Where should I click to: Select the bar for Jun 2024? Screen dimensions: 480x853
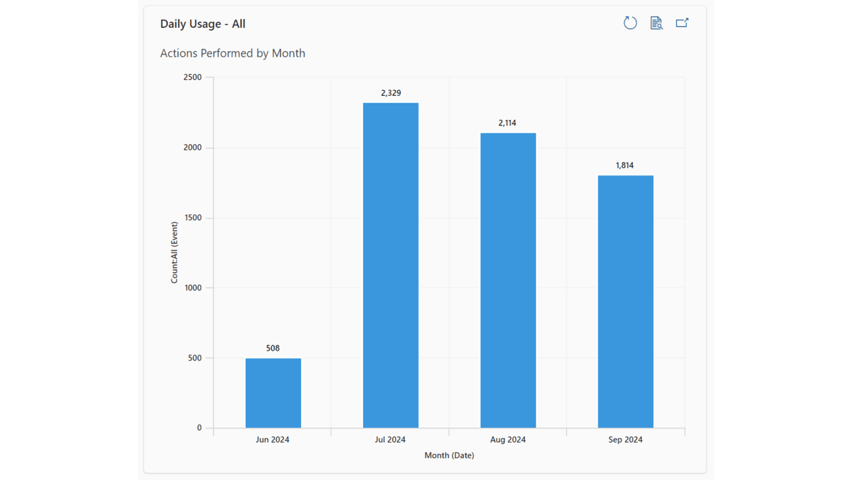[273, 393]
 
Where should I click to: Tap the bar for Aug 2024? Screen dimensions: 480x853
[508, 281]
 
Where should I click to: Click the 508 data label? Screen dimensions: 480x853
[273, 348]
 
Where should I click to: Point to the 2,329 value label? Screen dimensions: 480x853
[391, 93]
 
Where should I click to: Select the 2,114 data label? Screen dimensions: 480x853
[507, 123]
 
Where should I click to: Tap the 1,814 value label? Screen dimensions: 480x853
[624, 165]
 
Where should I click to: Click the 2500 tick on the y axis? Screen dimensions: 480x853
[192, 77]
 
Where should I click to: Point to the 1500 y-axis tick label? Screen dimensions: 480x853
[192, 218]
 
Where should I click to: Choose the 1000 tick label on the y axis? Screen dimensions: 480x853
[192, 288]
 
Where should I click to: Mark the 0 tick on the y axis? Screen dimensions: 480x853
[199, 428]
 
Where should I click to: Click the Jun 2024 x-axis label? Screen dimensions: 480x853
[273, 440]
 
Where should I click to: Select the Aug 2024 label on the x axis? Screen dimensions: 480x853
[508, 440]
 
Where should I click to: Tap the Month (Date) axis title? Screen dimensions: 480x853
[449, 456]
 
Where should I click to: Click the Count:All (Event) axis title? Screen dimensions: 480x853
[175, 253]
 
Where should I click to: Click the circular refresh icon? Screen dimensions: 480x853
[630, 23]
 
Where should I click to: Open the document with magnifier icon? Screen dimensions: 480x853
[656, 23]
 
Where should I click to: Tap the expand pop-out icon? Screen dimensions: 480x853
[682, 23]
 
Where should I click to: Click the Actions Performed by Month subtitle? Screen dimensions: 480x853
[233, 53]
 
